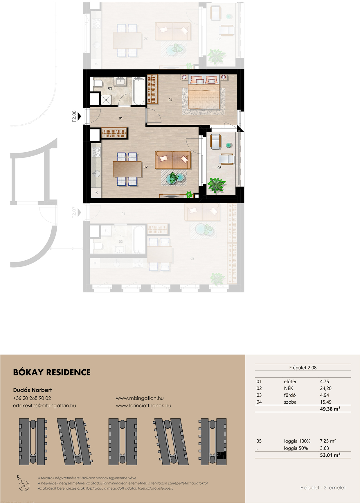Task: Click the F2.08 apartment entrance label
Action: [x=74, y=116]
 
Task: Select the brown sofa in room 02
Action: [x=173, y=160]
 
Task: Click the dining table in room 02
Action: [x=127, y=169]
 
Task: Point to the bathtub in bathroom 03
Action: [x=139, y=91]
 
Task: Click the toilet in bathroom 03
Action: [x=98, y=84]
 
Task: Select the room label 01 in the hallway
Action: [x=121, y=118]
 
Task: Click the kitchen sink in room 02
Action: [x=96, y=174]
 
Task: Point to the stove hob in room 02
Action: [x=96, y=152]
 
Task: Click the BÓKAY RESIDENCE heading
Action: [x=52, y=372]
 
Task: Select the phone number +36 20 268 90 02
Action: [x=32, y=398]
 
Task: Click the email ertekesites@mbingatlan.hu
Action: [x=44, y=406]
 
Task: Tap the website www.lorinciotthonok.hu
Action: [x=143, y=406]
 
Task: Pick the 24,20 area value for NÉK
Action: [x=326, y=388]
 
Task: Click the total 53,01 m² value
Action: [x=330, y=455]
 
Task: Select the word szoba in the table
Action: [x=290, y=402]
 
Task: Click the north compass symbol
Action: [x=23, y=483]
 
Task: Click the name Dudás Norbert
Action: [x=33, y=390]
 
